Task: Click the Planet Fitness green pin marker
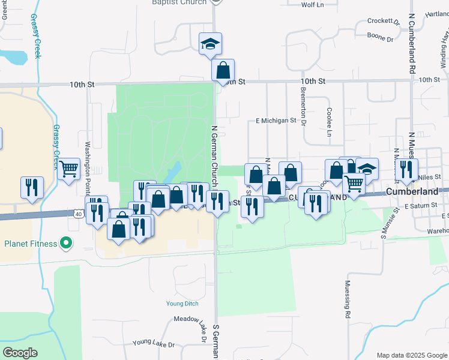[67, 244]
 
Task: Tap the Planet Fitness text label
[31, 244]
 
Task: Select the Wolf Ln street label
[312, 5]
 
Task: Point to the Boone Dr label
[381, 39]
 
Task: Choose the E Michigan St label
[276, 120]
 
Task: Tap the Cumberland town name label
[412, 191]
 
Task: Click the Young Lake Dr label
[153, 344]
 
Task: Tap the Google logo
[20, 353]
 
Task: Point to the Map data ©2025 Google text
[411, 355]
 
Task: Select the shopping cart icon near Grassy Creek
[69, 170]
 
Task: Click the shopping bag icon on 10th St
[223, 70]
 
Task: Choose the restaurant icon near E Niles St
[406, 170]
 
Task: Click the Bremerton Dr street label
[303, 110]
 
